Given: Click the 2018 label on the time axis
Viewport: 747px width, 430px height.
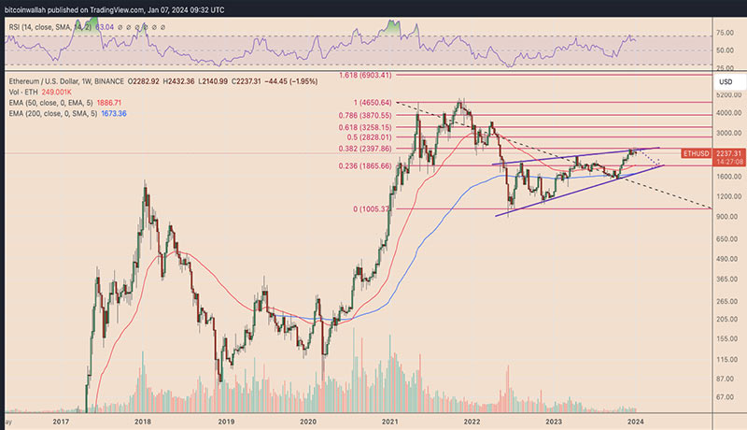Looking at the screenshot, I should click(x=143, y=422).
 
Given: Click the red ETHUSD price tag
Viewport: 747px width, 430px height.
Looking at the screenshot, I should click(x=698, y=151).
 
